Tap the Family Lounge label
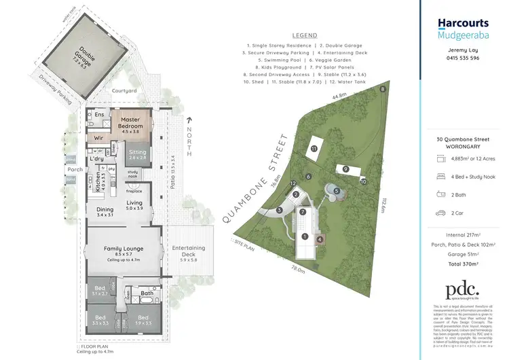coord(122,249)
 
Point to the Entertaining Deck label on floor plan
coord(189,250)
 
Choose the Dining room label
coord(105,211)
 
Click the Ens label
coord(99,115)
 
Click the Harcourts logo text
coord(463,22)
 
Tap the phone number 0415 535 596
coord(465,59)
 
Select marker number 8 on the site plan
coord(383,89)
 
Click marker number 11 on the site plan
coord(314,147)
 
